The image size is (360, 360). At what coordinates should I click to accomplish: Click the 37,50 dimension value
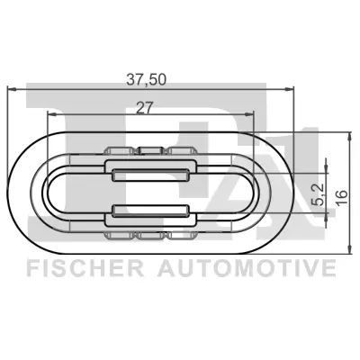(152, 78)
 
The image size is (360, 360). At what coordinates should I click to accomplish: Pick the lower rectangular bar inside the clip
(151, 214)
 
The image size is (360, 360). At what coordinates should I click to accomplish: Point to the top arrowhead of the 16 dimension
(349, 135)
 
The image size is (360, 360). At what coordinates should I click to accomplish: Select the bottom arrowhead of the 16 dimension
(349, 245)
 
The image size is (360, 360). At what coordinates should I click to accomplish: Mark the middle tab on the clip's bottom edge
(151, 235)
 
